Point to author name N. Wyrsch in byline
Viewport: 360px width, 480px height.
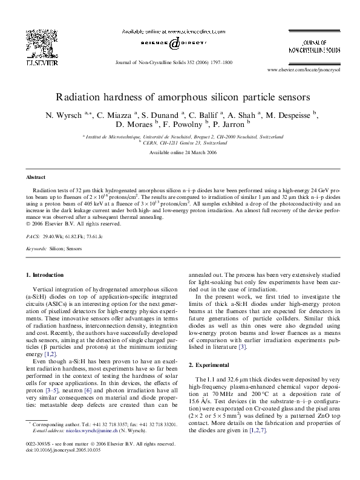tap(67, 115)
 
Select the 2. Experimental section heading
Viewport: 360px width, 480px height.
tap(213, 365)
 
